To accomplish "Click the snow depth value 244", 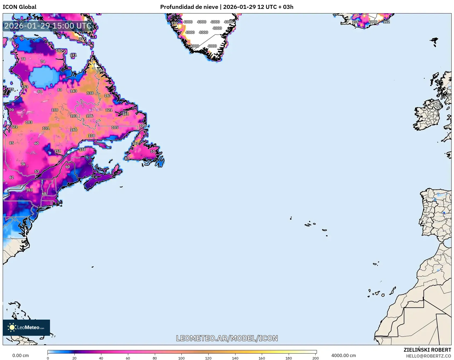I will click(101, 70).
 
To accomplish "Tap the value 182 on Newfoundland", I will click(135, 143).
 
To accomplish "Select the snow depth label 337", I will click(82, 39).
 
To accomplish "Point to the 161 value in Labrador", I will click(125, 114).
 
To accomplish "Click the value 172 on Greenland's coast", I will click(174, 23).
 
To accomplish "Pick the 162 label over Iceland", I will click(386, 22).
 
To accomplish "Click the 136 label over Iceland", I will click(355, 22).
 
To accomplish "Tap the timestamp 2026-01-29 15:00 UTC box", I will click(48, 26).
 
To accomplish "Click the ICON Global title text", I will click(19, 7).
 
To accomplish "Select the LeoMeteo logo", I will click(26, 327).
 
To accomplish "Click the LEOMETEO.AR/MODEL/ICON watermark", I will click(227, 338).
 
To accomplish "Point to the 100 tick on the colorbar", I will click(181, 358).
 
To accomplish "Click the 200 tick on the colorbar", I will click(316, 358).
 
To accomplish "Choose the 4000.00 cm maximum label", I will click(343, 355).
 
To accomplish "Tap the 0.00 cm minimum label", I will click(20, 355).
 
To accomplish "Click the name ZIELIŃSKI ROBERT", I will click(427, 350).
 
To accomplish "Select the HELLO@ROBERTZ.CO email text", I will click(428, 356).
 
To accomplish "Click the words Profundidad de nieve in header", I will click(189, 7).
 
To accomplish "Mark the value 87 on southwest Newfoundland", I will click(127, 159).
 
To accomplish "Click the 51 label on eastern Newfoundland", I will click(153, 151).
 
